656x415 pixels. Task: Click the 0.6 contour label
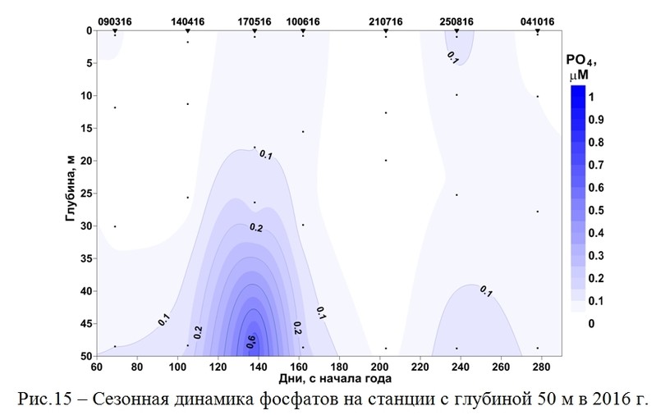(251, 343)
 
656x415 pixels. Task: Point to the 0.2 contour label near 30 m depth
(255, 228)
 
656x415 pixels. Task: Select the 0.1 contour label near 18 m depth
(265, 153)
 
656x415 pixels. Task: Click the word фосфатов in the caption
(335, 401)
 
